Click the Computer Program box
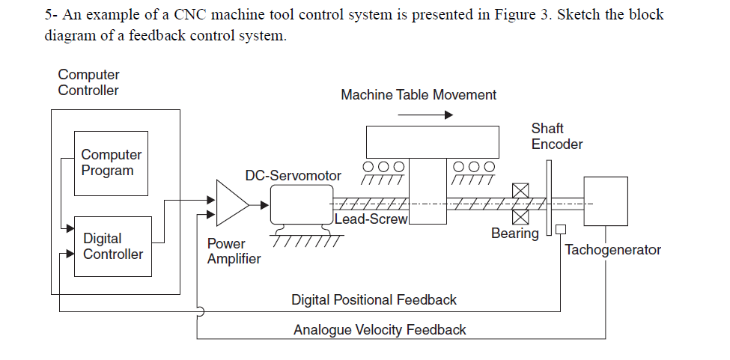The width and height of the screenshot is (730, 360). (110, 162)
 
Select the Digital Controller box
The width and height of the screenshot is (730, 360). (112, 246)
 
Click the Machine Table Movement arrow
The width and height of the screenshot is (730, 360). (425, 115)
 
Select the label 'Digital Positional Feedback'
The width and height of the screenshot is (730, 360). (374, 300)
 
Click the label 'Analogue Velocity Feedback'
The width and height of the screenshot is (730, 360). (380, 330)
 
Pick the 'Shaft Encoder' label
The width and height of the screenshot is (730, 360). (556, 136)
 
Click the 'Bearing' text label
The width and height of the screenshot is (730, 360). (514, 234)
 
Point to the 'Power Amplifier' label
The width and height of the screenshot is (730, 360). (234, 251)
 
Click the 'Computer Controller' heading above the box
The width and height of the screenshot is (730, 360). (88, 82)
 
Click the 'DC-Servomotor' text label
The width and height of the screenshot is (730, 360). (293, 176)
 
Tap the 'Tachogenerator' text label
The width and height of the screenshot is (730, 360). (612, 250)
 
